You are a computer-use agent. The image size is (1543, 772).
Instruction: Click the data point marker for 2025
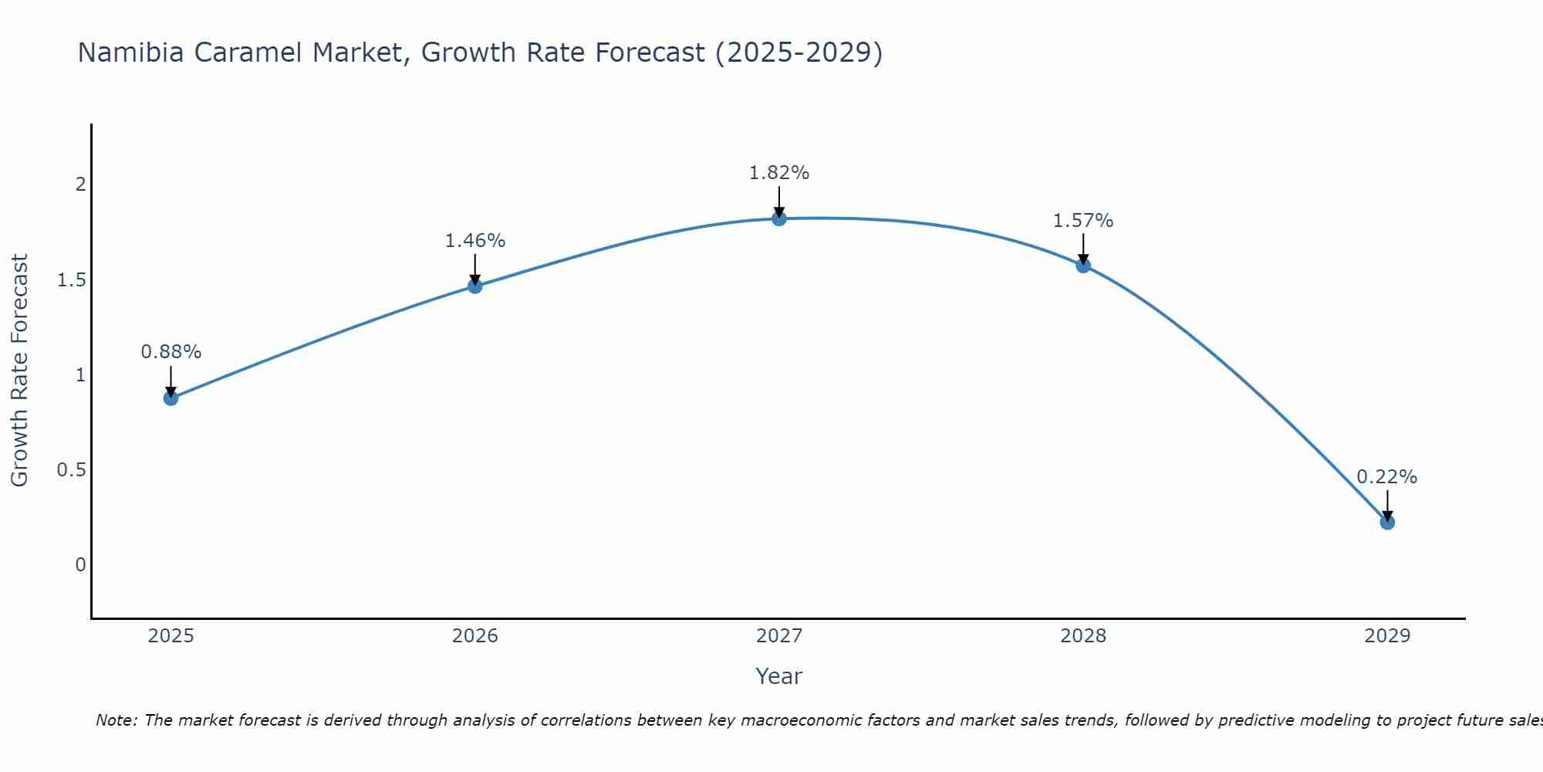[171, 398]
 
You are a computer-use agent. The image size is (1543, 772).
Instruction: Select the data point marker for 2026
[475, 286]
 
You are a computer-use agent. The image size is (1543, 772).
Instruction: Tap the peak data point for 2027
[779, 218]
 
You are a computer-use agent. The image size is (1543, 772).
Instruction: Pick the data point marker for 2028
[1083, 266]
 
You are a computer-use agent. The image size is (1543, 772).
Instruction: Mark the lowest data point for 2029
[1387, 523]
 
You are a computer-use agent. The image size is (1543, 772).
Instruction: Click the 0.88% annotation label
[171, 352]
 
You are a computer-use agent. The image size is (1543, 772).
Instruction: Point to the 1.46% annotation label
[475, 241]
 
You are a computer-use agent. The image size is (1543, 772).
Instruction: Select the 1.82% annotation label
[779, 173]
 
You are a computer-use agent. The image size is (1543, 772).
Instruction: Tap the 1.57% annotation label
[1083, 221]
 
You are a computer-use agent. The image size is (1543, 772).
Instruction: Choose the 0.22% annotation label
[1387, 477]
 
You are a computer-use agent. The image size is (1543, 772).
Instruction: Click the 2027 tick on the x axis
[779, 636]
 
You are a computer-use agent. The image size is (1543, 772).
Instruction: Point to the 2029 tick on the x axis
[1387, 636]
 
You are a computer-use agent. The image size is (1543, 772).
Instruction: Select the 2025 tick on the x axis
[171, 636]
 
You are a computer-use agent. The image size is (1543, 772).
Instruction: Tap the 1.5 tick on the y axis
[71, 279]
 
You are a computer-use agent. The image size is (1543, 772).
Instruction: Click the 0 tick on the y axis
[80, 565]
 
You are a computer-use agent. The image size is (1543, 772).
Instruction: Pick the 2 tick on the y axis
[80, 185]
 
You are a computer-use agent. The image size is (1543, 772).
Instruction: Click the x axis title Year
[779, 676]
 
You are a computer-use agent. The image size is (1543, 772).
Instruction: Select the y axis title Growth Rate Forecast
[19, 371]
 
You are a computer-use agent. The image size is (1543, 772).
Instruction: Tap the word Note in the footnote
[116, 720]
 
